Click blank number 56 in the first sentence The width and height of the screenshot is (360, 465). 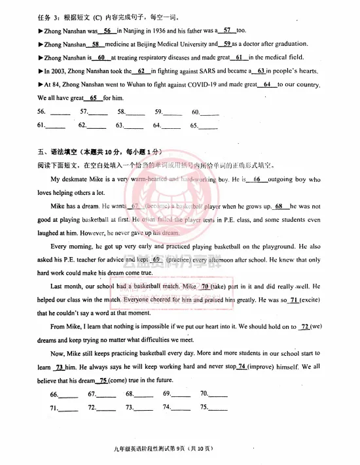click(107, 30)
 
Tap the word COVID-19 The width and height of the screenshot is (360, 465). click(207, 84)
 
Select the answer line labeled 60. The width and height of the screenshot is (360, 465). click(209, 112)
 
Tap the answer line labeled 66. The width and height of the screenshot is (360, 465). click(68, 395)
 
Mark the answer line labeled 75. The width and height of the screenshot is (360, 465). click(217, 408)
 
